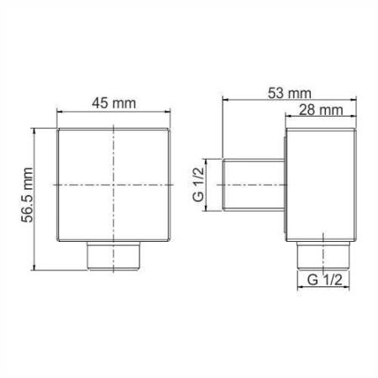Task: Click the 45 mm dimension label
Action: point(116,105)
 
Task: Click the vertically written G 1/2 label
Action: point(199,183)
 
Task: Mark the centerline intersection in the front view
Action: point(115,184)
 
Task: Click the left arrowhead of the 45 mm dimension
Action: point(60,117)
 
